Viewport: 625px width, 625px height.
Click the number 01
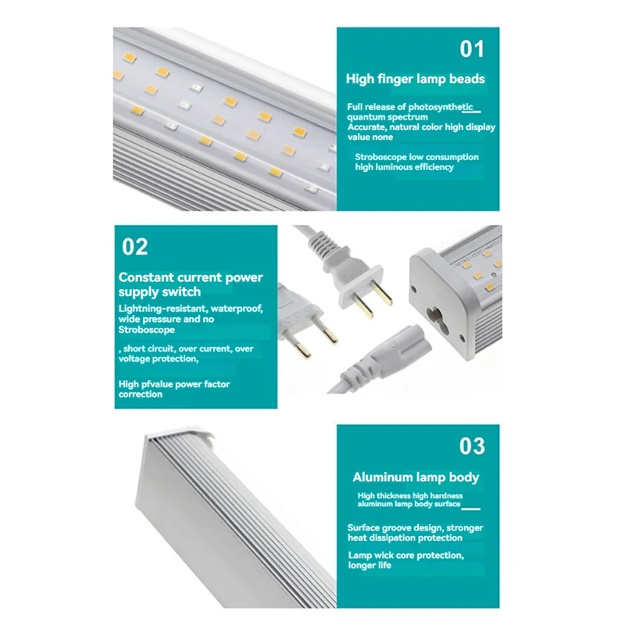click(471, 49)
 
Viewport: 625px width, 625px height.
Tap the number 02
click(134, 247)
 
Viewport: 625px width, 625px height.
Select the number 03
click(471, 446)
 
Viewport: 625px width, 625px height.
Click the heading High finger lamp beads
click(415, 79)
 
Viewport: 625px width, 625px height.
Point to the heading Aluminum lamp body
click(416, 477)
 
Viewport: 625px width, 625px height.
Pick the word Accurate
click(369, 127)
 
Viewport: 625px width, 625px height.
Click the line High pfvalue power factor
click(174, 384)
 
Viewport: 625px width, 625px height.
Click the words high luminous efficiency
click(404, 167)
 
